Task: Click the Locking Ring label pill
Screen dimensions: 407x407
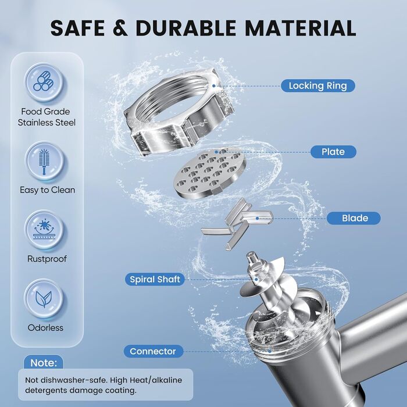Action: click(317, 85)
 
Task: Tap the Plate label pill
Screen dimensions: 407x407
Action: click(333, 152)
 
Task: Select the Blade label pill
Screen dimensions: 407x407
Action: click(354, 218)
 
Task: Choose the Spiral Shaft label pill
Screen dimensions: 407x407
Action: click(155, 279)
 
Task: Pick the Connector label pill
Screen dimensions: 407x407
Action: click(153, 351)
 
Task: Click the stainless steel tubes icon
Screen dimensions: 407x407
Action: click(44, 82)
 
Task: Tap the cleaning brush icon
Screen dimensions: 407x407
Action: click(44, 161)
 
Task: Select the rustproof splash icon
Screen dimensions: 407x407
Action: click(44, 230)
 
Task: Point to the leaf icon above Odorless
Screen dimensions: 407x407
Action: click(44, 299)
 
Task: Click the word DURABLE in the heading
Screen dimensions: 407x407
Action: click(185, 28)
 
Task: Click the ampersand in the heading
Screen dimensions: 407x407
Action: click(120, 28)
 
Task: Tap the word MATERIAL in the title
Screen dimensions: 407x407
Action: click(301, 28)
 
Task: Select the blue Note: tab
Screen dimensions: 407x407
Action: click(44, 362)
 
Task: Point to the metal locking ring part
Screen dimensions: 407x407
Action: click(179, 112)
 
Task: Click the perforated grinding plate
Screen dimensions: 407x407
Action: click(209, 173)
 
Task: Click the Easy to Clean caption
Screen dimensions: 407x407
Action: click(48, 190)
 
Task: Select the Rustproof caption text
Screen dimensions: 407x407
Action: click(47, 259)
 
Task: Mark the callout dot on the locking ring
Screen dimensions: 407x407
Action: click(213, 85)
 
